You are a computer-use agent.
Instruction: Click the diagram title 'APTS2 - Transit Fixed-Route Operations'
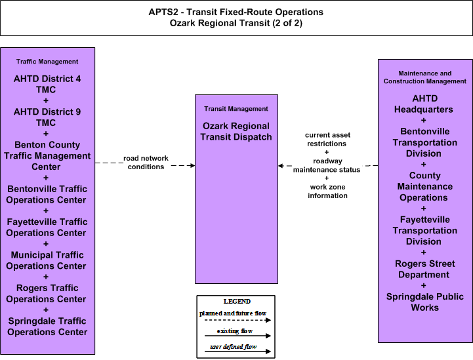click(x=236, y=12)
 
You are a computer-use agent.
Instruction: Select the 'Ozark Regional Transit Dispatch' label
click(x=236, y=131)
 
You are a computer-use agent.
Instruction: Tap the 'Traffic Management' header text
click(x=47, y=62)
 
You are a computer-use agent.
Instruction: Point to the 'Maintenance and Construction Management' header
click(x=424, y=77)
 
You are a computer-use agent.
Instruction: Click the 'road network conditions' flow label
click(x=146, y=163)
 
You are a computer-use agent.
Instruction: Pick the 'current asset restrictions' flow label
click(x=327, y=139)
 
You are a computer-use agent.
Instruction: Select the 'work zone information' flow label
click(x=327, y=191)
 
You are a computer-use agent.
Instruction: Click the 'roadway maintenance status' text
click(x=327, y=165)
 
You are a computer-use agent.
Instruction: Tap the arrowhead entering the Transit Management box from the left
click(x=192, y=165)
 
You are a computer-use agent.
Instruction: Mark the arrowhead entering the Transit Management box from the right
click(x=281, y=165)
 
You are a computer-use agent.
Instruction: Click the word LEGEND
click(x=237, y=302)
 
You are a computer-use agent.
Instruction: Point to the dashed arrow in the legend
click(x=237, y=320)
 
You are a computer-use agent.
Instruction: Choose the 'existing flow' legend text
click(x=234, y=331)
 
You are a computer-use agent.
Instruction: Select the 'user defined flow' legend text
click(x=233, y=347)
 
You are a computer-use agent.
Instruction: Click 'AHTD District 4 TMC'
click(x=47, y=84)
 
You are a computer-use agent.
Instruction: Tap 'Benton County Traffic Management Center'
click(x=47, y=155)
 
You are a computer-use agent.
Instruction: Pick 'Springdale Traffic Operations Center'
click(x=47, y=327)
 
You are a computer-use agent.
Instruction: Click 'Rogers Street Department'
click(x=424, y=269)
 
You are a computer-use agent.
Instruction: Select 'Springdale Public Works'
click(x=424, y=302)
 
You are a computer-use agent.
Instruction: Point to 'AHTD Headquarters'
click(x=424, y=104)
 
